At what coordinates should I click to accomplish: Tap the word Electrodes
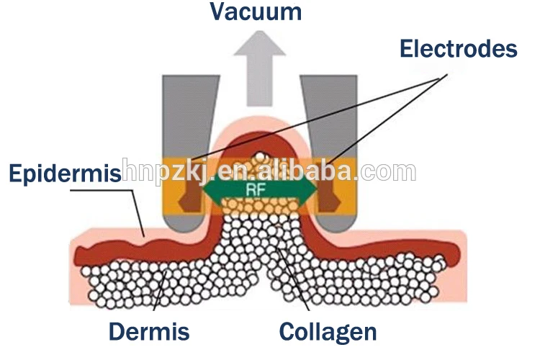[x=459, y=49]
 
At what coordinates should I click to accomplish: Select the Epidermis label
[x=64, y=174]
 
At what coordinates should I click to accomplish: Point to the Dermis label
[x=149, y=332]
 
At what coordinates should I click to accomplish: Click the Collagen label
[x=328, y=332]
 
